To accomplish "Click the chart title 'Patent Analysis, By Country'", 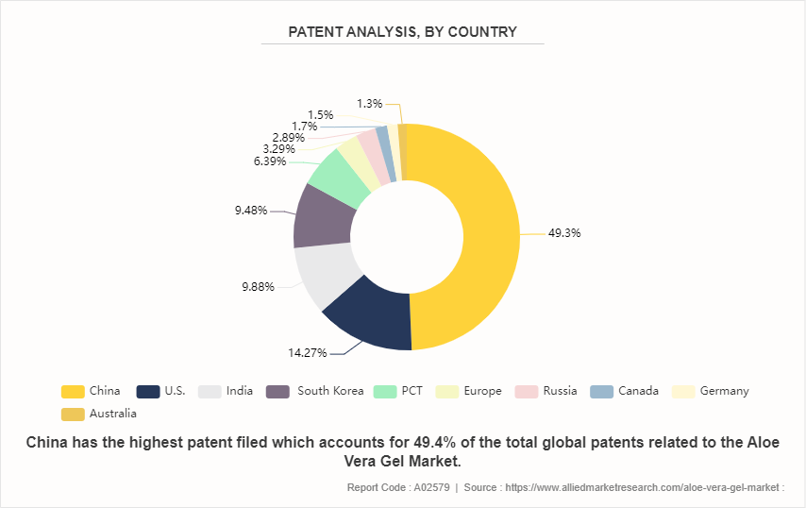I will [x=402, y=32].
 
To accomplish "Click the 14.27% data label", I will [x=308, y=353].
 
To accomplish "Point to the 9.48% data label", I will [x=250, y=210].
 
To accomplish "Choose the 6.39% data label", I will [x=271, y=161].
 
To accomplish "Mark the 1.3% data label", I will [x=370, y=103].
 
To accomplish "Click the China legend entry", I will [x=105, y=391].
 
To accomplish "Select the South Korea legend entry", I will [x=329, y=391].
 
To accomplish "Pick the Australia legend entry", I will [x=112, y=414].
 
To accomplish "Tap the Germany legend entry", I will [x=724, y=391].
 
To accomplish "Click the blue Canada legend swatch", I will [x=601, y=391].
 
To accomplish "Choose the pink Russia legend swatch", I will [x=527, y=391].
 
